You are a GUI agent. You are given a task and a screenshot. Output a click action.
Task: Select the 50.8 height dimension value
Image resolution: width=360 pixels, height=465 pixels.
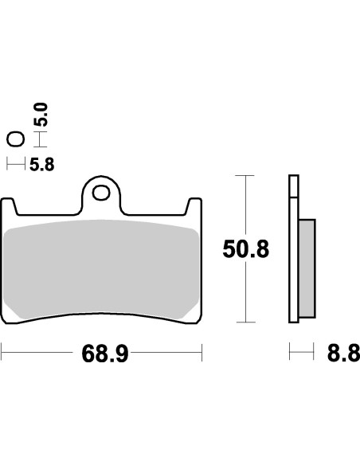coord(245,249)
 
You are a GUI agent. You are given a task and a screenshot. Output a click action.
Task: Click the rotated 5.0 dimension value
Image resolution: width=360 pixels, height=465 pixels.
coord(42,116)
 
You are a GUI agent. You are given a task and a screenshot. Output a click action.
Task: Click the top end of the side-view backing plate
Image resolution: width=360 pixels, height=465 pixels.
coord(292,178)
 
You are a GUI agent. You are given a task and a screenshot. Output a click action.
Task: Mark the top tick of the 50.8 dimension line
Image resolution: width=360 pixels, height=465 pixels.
coord(246,175)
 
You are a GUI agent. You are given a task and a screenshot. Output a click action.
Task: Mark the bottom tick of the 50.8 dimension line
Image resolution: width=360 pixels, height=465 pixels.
coord(246,322)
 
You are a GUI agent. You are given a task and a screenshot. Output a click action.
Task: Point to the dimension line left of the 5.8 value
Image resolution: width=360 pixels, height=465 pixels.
coord(15,166)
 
